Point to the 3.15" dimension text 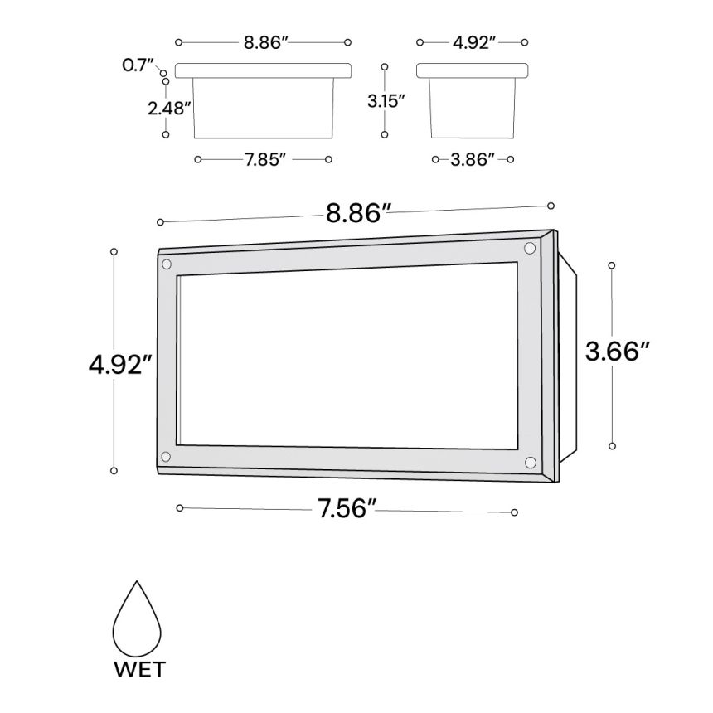(386, 101)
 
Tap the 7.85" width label (265, 159)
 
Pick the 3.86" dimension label (472, 159)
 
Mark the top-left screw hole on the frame (167, 264)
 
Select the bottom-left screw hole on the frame (166, 456)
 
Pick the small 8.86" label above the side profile (265, 42)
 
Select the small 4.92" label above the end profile (472, 42)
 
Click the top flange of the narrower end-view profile (472, 70)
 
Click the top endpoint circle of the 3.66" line (612, 265)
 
